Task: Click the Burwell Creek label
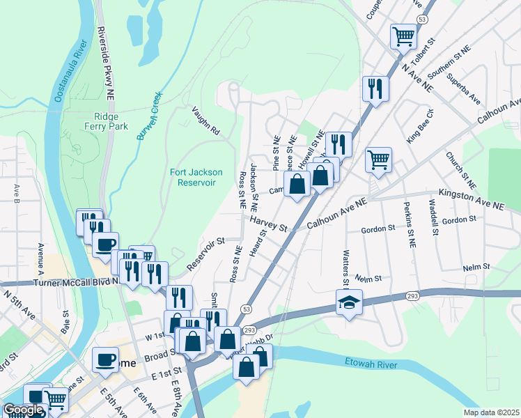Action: (x=149, y=116)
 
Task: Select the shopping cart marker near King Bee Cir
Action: (x=378, y=159)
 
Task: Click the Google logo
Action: (x=23, y=410)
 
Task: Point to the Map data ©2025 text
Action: (x=491, y=412)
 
